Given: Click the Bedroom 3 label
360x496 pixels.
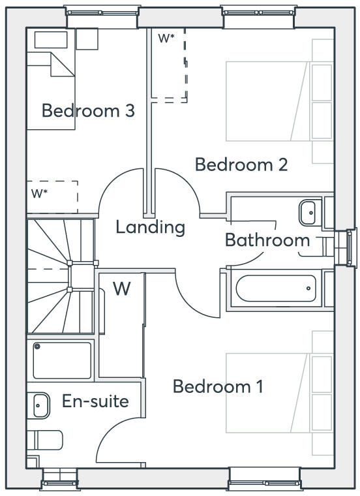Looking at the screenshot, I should coord(88,110).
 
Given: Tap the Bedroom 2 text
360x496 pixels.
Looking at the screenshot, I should coord(241,164).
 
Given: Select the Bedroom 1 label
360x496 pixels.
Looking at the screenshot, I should coord(218,386).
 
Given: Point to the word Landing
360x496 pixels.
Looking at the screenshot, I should coord(151,227).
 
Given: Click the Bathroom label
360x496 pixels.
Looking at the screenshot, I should coord(267,240).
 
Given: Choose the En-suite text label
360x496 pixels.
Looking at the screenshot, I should coord(95,401).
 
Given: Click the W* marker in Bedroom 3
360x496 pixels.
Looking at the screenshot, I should coord(39,193).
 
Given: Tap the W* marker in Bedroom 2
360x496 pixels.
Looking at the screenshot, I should coord(166,38).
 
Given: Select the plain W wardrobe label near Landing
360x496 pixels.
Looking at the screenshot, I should coord(122,288).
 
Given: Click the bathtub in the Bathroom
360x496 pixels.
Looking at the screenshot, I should coord(276,288).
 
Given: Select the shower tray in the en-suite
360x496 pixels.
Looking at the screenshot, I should coord(62,360).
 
